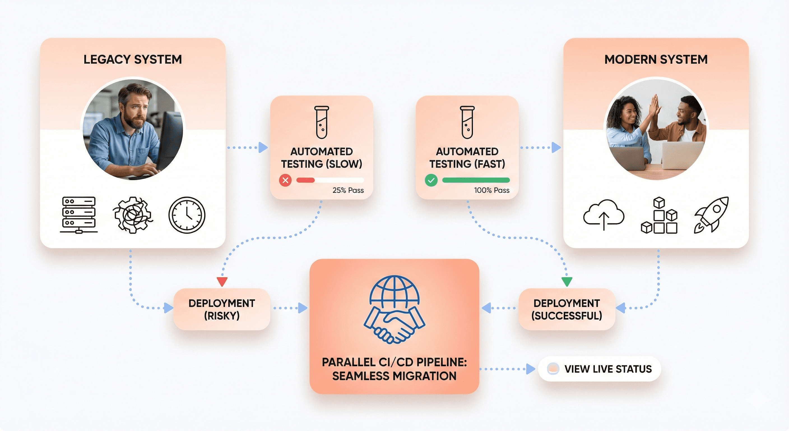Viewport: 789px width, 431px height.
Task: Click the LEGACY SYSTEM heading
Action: pyautogui.click(x=133, y=59)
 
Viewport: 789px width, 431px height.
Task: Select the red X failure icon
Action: pyautogui.click(x=285, y=180)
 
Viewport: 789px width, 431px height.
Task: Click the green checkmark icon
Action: pyautogui.click(x=431, y=180)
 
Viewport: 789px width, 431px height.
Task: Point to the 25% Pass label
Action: pyautogui.click(x=348, y=191)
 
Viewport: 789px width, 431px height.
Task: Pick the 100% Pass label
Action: pyautogui.click(x=492, y=191)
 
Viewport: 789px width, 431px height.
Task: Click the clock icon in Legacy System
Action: pyautogui.click(x=187, y=215)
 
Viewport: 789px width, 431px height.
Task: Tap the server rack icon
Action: pyautogui.click(x=79, y=215)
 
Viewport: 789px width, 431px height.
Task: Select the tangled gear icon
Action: pyautogui.click(x=133, y=215)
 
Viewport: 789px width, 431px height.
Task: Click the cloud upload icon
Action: pyautogui.click(x=604, y=215)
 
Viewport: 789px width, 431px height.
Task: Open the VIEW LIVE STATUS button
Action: pyautogui.click(x=599, y=369)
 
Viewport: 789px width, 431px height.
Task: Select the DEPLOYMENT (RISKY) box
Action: pyautogui.click(x=222, y=309)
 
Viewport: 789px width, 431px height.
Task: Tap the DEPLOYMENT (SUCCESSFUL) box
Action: pyautogui.click(x=567, y=309)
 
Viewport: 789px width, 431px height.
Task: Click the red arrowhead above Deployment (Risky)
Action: pyautogui.click(x=222, y=281)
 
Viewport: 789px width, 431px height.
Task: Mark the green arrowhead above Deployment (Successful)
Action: pyautogui.click(x=567, y=281)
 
